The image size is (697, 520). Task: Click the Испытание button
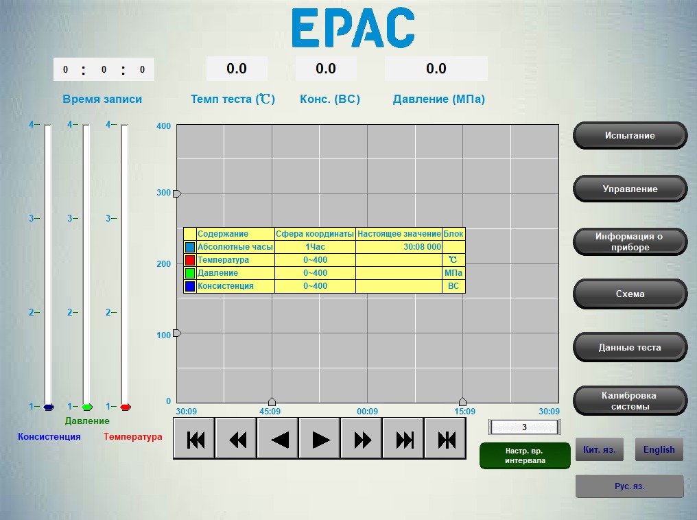click(x=630, y=136)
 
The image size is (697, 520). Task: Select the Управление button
click(x=630, y=189)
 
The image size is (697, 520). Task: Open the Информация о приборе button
click(x=630, y=241)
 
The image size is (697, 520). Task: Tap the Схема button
click(x=630, y=294)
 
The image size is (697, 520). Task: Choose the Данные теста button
click(x=630, y=347)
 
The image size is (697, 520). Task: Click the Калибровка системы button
click(x=630, y=401)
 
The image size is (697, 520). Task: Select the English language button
click(x=659, y=449)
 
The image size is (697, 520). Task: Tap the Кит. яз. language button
click(x=599, y=449)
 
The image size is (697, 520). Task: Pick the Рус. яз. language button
click(x=630, y=486)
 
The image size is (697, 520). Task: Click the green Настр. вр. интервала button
click(x=525, y=456)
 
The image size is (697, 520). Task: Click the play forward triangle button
click(x=320, y=439)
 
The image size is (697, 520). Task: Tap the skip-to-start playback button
click(x=195, y=439)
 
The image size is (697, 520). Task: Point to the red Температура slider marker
click(x=126, y=407)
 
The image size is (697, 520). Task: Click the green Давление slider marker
click(x=87, y=407)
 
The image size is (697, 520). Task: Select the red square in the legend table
click(x=190, y=260)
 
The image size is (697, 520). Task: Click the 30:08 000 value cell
click(x=399, y=247)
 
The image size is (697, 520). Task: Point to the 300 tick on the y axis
click(x=163, y=193)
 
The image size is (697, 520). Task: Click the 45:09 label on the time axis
click(x=270, y=411)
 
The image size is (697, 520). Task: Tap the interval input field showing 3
click(x=524, y=427)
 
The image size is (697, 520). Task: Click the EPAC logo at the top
click(x=353, y=27)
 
